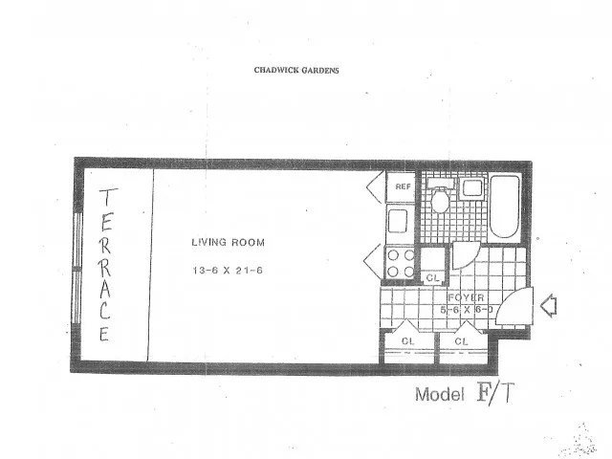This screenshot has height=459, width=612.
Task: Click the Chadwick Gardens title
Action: (296, 70)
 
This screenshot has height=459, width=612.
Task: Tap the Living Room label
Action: (228, 242)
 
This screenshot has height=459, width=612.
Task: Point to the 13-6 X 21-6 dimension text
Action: (228, 270)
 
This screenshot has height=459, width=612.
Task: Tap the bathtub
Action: (504, 207)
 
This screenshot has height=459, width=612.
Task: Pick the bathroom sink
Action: (473, 188)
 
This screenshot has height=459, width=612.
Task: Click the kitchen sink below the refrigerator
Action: (398, 221)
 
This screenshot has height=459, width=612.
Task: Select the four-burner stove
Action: (400, 263)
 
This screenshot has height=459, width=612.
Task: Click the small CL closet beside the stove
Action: (433, 266)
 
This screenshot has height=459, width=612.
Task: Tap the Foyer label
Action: (466, 297)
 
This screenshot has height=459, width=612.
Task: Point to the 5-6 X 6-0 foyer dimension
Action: (467, 310)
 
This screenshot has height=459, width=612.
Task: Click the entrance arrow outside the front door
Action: (548, 306)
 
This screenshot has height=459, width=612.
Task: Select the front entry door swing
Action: (515, 306)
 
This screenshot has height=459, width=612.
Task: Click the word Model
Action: (440, 395)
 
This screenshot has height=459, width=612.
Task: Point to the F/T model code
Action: (495, 393)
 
